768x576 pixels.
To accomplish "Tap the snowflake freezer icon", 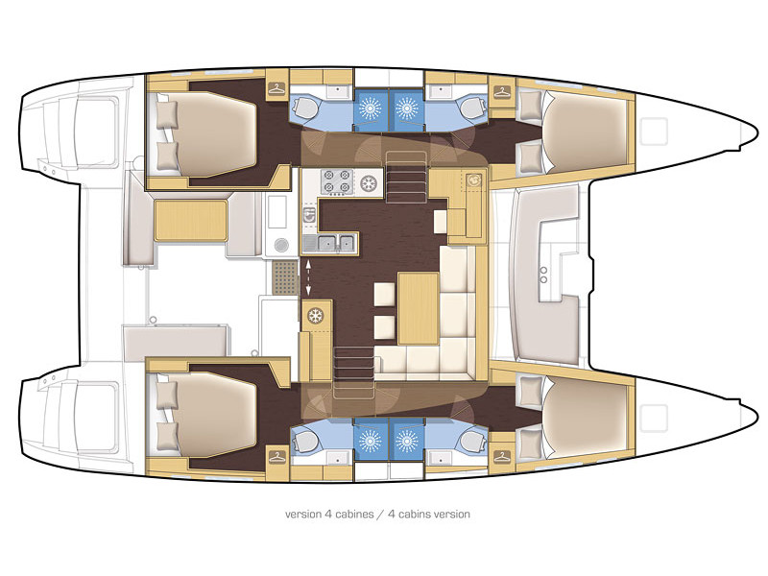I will click(x=314, y=314).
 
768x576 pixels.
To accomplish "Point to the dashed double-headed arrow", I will click(x=309, y=273).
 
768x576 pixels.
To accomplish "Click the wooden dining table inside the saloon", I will click(x=418, y=307).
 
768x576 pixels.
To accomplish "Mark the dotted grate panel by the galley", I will click(x=284, y=279).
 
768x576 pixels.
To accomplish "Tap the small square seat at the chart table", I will click(x=441, y=220).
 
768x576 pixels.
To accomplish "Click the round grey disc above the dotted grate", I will click(x=280, y=244).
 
